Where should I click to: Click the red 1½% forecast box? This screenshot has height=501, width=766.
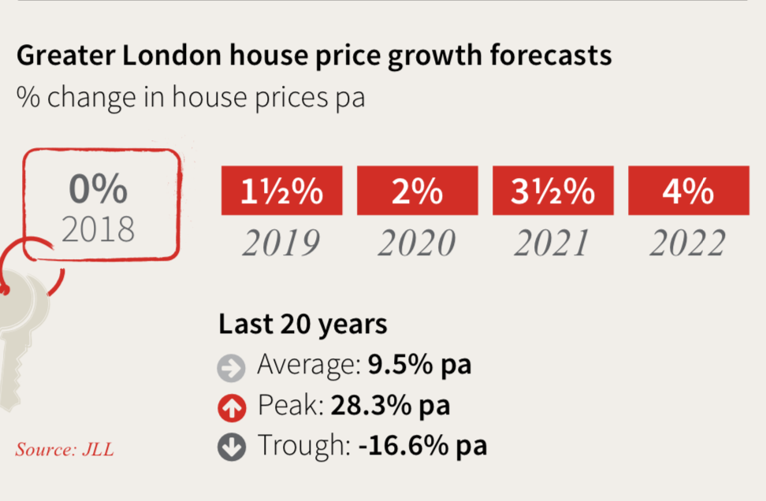coord(282,191)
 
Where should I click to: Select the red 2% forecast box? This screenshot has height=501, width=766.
coord(417,191)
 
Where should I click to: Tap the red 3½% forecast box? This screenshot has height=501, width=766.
coord(552,191)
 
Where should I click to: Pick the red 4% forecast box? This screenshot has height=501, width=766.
coord(688,191)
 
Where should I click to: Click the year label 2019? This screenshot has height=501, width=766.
coord(281,243)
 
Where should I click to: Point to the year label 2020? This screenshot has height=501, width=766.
coord(417,243)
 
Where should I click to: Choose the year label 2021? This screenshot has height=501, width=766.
coord(552,243)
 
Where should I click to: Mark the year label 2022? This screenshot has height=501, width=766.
coord(687,243)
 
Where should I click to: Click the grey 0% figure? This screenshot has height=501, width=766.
coord(98,190)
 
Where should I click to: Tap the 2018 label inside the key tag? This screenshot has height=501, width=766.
coord(99,228)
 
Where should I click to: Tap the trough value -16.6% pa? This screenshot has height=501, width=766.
coord(422,446)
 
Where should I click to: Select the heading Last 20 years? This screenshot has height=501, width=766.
coord(303,325)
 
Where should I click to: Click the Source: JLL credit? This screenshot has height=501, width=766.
coord(65,450)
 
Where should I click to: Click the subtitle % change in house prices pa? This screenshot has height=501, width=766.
coord(191,98)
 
